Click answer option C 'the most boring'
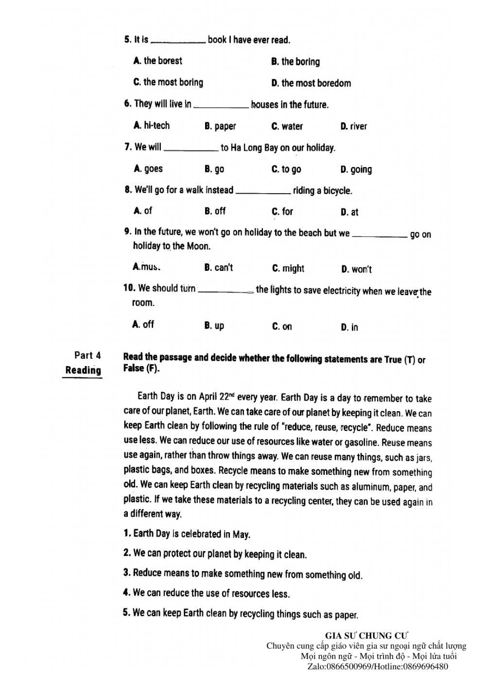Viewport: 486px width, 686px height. [x=168, y=83]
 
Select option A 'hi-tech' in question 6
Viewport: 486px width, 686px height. [x=152, y=126]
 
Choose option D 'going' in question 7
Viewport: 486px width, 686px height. [x=356, y=169]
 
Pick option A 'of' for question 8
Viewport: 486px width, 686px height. [x=143, y=211]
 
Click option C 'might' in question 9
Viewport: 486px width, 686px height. [x=288, y=268]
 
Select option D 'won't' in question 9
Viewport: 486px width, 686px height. [x=357, y=269]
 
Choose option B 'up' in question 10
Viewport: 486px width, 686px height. [x=214, y=326]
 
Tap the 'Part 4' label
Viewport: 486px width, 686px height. [x=87, y=355]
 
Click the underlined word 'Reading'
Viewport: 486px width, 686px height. [x=83, y=370]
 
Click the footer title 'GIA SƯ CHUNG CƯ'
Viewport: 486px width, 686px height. [x=367, y=636]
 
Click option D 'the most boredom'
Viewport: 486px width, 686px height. [x=311, y=84]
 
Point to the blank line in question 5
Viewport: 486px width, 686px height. [x=178, y=43]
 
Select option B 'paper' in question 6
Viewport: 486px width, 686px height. [x=220, y=127]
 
